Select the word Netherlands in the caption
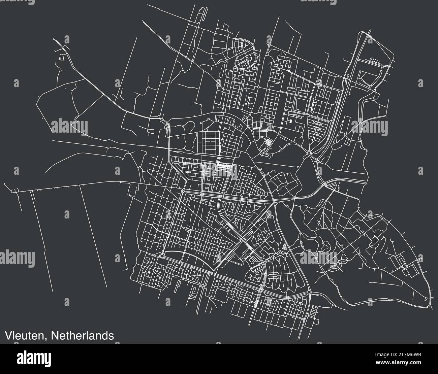tap(83, 335)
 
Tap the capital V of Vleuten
tap(7, 335)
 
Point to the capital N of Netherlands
tap(56, 335)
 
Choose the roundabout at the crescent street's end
tap(162, 256)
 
